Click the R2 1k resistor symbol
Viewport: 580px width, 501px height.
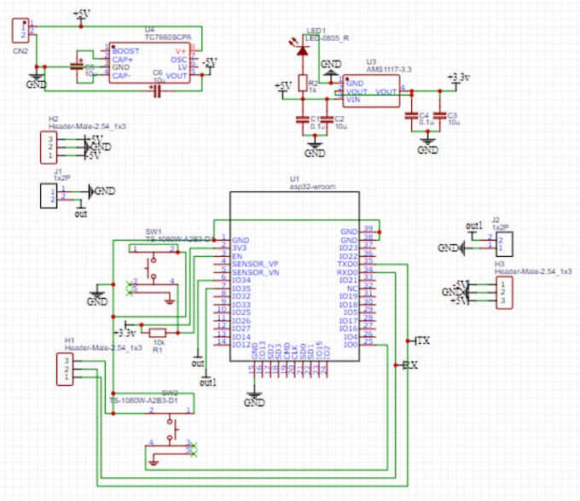302,84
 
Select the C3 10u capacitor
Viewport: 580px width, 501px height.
440,115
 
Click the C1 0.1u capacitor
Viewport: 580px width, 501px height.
301,119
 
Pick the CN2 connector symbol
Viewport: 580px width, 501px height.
20,31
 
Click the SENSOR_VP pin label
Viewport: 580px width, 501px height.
255,264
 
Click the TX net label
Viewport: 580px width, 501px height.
421,341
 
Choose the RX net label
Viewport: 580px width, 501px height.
410,364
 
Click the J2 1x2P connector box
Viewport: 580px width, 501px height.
505,246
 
